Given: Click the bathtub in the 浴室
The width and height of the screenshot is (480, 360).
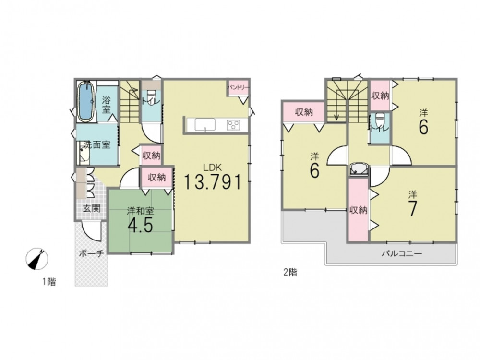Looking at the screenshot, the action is [86, 102].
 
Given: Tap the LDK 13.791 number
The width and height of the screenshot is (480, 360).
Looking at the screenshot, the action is [213, 182].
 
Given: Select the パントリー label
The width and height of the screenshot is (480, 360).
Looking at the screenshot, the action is [238, 87].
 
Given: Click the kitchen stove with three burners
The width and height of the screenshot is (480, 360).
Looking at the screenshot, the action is [233, 125].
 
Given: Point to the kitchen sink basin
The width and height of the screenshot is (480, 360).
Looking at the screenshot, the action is [205, 125].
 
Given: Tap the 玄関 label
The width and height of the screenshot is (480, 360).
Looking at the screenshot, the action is [92, 209].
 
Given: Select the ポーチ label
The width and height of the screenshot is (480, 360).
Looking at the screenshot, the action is [92, 253].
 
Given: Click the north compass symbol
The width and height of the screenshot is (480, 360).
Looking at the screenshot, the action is [37, 259].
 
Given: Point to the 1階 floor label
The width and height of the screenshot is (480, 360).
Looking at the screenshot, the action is [49, 282].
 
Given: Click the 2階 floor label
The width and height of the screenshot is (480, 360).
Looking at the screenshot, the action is [290, 272].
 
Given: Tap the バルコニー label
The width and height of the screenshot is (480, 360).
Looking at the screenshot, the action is [402, 253].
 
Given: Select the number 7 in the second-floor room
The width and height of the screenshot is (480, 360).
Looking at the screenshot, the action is [412, 209].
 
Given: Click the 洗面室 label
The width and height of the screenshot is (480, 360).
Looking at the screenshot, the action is [97, 145].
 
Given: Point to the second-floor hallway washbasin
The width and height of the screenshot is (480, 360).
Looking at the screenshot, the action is [358, 169].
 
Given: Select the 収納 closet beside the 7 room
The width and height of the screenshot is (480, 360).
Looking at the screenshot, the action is [358, 210].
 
